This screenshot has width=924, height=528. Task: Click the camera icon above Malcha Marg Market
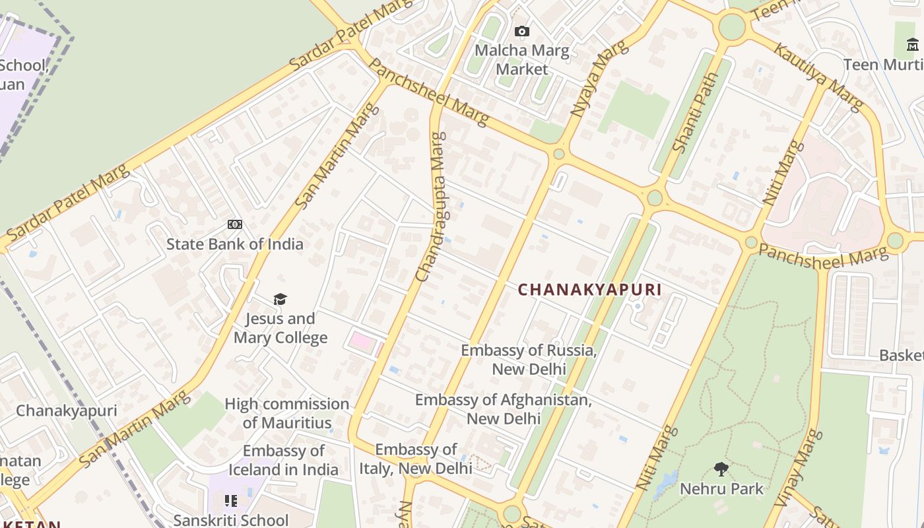point(521,31)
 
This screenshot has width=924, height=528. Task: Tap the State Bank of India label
point(234,244)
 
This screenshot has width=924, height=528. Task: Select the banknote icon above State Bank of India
point(234,224)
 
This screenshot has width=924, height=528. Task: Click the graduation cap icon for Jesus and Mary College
point(280,300)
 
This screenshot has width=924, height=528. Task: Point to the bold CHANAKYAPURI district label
point(589,290)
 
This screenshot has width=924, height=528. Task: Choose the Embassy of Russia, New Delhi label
point(529,360)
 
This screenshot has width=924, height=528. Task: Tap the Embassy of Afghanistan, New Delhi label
point(504,409)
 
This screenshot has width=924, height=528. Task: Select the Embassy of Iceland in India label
point(284,460)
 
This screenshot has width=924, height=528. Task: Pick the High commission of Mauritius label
point(287,413)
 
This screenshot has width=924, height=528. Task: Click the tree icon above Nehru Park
point(721,469)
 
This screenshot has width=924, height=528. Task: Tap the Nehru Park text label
point(721,489)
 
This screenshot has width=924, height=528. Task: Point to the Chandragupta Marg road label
point(430,207)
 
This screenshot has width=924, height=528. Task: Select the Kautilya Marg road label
point(818,76)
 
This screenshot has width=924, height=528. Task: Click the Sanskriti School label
point(230,520)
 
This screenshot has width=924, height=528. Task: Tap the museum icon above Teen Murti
point(913,44)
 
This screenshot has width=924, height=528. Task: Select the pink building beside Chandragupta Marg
point(361,341)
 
